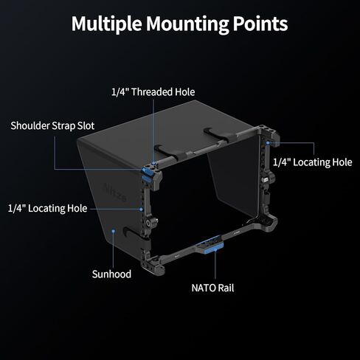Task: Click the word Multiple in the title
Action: pyautogui.click(x=107, y=24)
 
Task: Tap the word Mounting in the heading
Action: pyautogui.click(x=187, y=24)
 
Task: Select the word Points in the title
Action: pyautogui.click(x=260, y=24)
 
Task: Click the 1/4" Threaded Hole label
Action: pyautogui.click(x=153, y=92)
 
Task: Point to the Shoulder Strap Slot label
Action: pyautogui.click(x=52, y=125)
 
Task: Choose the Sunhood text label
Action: pyautogui.click(x=111, y=274)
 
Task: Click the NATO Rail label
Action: pyautogui.click(x=212, y=288)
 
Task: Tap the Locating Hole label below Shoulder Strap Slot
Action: pyautogui.click(x=47, y=209)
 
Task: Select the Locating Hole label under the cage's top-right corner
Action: pyautogui.click(x=313, y=162)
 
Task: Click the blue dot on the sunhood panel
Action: pyautogui.click(x=114, y=231)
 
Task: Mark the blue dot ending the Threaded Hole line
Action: pyautogui.click(x=153, y=163)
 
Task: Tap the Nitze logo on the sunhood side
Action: pyautogui.click(x=115, y=193)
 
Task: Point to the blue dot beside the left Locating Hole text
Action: pyautogui.click(x=141, y=210)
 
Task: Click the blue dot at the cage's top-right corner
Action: pyautogui.click(x=268, y=142)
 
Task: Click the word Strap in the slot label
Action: pyautogui.click(x=63, y=126)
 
